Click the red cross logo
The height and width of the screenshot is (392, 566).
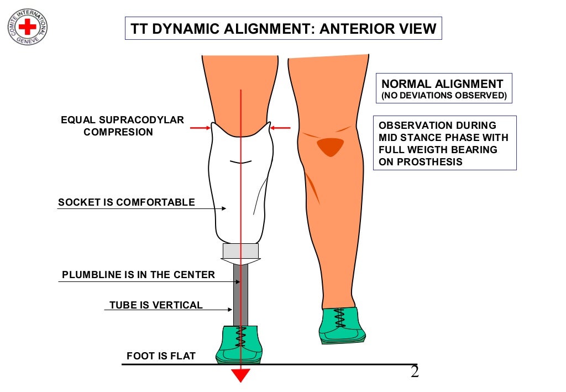27,26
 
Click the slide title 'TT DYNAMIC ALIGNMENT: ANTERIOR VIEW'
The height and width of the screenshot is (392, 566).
282,29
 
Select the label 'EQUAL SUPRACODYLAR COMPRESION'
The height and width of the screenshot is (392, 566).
122,126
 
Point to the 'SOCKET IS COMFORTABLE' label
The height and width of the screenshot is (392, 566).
127,202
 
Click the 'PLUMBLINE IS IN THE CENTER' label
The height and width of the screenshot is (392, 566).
138,274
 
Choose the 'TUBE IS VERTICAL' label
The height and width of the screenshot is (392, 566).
156,305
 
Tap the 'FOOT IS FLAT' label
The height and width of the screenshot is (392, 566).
161,356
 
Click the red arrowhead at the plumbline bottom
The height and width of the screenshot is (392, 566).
240,375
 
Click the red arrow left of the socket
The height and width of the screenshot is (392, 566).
200,128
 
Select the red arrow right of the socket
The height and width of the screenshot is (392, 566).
281,128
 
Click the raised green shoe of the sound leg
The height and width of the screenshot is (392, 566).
341,326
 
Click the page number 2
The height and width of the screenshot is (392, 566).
415,372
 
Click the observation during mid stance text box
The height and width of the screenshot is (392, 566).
444,143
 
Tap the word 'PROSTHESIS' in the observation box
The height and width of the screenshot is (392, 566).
428,162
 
